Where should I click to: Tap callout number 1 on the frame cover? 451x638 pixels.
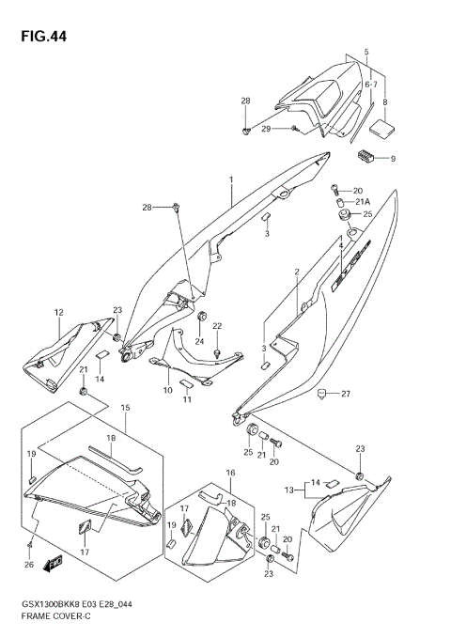pyautogui.click(x=229, y=179)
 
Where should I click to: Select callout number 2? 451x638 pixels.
pyautogui.click(x=296, y=272)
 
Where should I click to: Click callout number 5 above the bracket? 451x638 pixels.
pyautogui.click(x=366, y=51)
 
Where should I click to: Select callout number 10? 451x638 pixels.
pyautogui.click(x=168, y=390)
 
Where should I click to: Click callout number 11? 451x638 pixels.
pyautogui.click(x=186, y=400)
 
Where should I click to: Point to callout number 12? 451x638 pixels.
pyautogui.click(x=58, y=312)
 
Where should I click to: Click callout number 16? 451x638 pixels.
pyautogui.click(x=230, y=472)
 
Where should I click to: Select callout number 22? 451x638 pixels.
pyautogui.click(x=217, y=326)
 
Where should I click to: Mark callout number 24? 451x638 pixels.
pyautogui.click(x=199, y=341)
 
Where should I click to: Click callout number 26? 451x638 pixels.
pyautogui.click(x=29, y=565)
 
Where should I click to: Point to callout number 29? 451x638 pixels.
pyautogui.click(x=266, y=128)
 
